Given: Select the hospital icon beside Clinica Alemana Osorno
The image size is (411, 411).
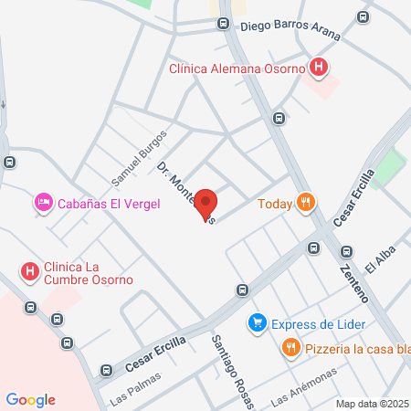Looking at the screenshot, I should coord(318,67).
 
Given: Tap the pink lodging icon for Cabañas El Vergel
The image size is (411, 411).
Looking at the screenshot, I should coord(42,203).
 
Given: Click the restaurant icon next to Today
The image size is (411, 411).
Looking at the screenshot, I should coord(307,204).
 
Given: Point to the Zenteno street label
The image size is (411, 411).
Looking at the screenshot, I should coord(352,278).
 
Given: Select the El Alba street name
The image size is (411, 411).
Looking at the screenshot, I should coord(378,260).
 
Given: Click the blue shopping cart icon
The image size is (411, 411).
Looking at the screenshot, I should coord(258,323).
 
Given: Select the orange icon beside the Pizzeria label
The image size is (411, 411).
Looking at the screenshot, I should coord(290,347).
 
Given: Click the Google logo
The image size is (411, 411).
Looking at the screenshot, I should coord(31,400).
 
